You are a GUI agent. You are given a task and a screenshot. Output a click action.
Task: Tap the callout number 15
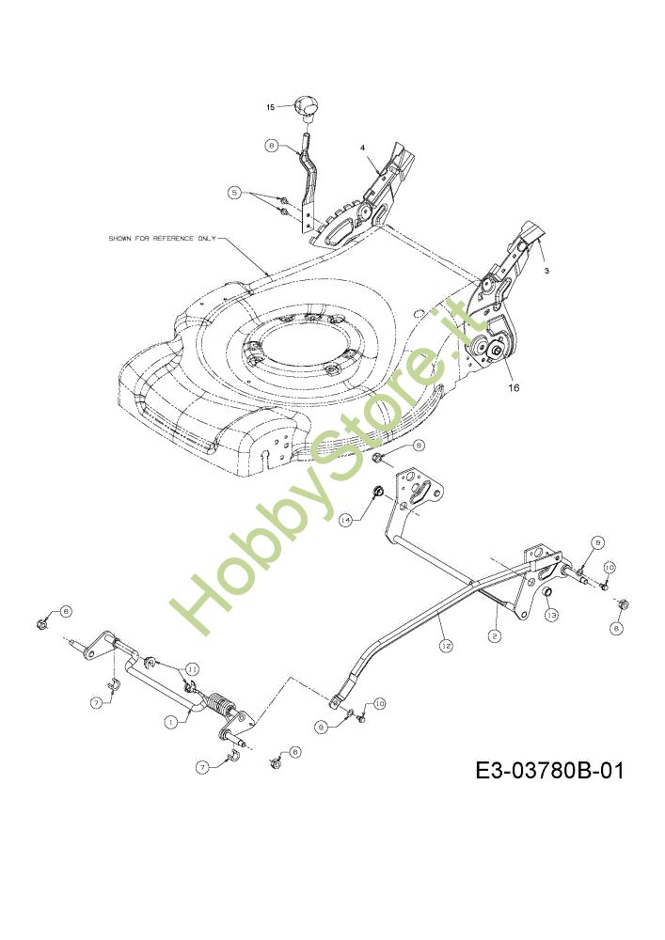tap(270, 107)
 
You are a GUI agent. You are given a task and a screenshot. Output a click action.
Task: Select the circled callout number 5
tap(234, 192)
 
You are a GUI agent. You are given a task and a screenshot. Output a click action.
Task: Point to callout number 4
tap(362, 148)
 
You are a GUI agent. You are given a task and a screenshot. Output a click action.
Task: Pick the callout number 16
tap(513, 385)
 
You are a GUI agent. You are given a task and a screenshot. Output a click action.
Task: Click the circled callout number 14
tap(346, 518)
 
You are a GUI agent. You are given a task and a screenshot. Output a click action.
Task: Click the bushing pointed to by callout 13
tap(544, 595)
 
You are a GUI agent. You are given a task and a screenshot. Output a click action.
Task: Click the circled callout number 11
tap(191, 668)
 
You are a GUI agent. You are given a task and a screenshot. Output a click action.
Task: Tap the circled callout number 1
tap(171, 722)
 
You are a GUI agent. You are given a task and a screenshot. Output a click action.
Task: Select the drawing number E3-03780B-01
tap(549, 772)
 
